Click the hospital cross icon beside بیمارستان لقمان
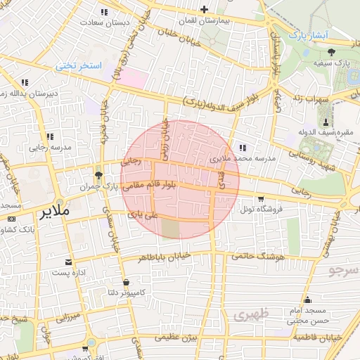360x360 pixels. (204, 10)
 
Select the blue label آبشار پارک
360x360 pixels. (309, 34)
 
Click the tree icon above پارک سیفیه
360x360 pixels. (331, 51)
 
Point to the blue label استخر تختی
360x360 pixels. (79, 65)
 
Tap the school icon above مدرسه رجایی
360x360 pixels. (49, 136)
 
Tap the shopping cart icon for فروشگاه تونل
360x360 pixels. (261, 198)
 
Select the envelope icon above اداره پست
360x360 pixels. (69, 262)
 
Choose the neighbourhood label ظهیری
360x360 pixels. (247, 315)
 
